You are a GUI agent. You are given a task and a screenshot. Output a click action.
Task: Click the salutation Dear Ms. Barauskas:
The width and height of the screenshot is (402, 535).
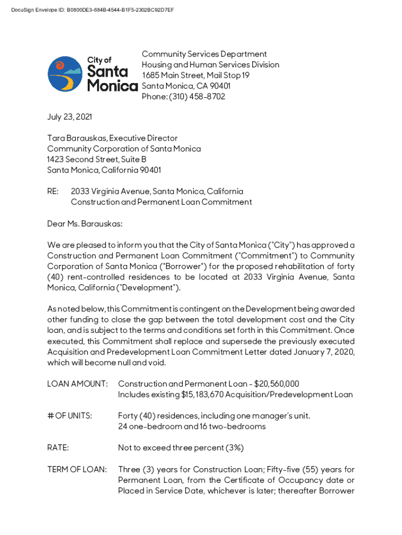85,224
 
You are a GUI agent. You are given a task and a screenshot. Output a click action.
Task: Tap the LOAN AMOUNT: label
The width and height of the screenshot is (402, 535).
77,384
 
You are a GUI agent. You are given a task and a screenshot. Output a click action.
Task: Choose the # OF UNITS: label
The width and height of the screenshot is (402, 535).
69,416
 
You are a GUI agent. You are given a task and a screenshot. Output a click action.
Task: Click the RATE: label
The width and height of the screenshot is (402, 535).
58,448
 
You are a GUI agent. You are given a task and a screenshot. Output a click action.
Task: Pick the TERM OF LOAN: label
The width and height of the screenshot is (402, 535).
77,470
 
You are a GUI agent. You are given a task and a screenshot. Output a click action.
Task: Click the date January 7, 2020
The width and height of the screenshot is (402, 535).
325,352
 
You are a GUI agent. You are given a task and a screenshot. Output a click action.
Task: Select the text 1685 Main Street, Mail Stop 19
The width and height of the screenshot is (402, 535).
196,75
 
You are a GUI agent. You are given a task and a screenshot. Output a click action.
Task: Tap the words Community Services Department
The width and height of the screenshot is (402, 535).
204,54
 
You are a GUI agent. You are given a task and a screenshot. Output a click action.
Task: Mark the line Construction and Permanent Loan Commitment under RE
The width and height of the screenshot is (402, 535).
161,202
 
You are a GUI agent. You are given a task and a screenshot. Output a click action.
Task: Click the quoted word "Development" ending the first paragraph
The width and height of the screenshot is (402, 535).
155,288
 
